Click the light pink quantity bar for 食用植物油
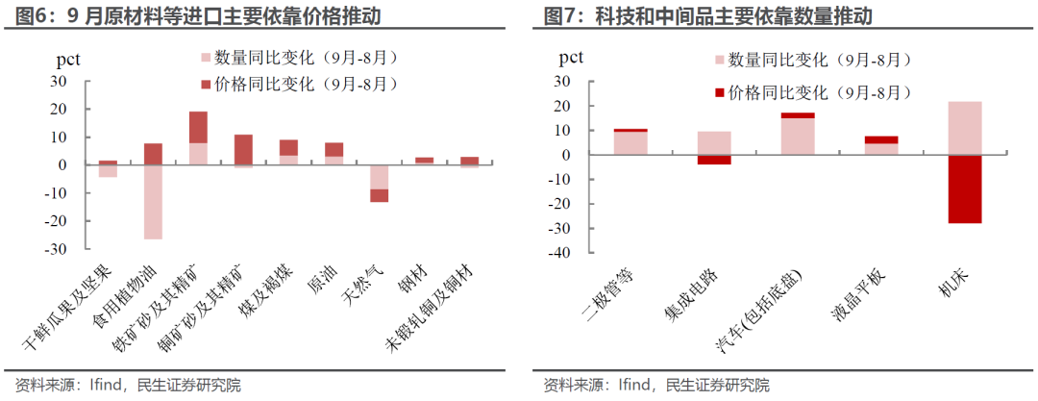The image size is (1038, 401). [153, 202]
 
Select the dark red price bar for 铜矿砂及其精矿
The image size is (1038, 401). [243, 149]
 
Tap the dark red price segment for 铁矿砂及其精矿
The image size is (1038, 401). [198, 127]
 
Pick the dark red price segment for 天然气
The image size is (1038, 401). [380, 195]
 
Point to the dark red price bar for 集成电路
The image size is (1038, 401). [714, 160]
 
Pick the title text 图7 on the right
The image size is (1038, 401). [559, 15]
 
